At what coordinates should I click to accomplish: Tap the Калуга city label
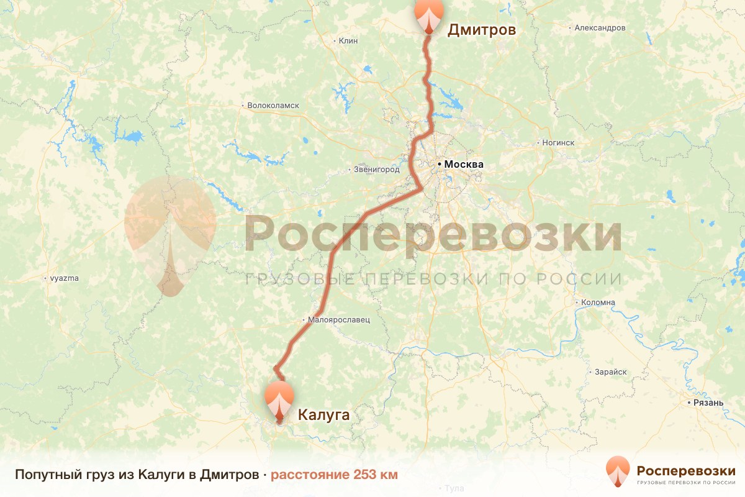point(324,414)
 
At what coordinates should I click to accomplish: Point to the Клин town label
point(349,41)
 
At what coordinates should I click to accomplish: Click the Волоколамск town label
point(273,106)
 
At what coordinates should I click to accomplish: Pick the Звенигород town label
point(376,169)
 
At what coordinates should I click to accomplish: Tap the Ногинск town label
point(558,143)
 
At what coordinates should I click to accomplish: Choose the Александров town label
point(600,28)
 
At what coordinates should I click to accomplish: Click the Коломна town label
point(598,303)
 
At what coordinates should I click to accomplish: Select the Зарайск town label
point(610,372)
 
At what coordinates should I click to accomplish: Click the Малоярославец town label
point(339,320)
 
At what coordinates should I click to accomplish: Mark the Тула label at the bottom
point(454,489)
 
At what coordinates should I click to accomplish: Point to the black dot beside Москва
point(440,164)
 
